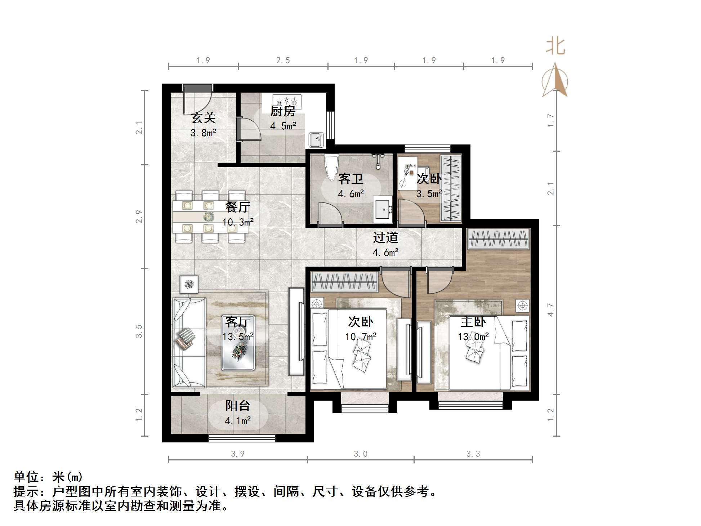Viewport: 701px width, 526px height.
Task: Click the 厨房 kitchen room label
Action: pos(283,111)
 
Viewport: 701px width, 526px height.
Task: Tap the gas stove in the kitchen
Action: pos(287,99)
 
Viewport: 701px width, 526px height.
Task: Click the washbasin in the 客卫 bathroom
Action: pos(383,208)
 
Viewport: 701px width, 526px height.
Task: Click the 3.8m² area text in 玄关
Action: pos(203,133)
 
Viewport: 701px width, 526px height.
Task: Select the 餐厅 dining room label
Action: pos(237,207)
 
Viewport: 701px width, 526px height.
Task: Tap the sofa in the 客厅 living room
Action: pos(189,342)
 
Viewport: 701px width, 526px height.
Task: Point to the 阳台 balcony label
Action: pos(238,406)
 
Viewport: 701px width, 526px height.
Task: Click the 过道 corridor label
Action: pos(385,237)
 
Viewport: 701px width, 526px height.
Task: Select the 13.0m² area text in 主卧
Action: pos(473,337)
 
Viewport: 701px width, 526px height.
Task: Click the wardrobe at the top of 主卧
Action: pos(499,239)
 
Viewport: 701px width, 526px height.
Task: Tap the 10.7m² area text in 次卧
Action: pos(361,337)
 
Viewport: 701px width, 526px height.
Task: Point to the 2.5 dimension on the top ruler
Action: pos(283,61)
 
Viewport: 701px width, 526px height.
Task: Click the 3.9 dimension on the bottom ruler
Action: pos(238,454)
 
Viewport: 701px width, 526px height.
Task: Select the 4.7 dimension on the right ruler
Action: pos(550,309)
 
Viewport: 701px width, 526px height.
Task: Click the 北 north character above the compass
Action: pos(555,47)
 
